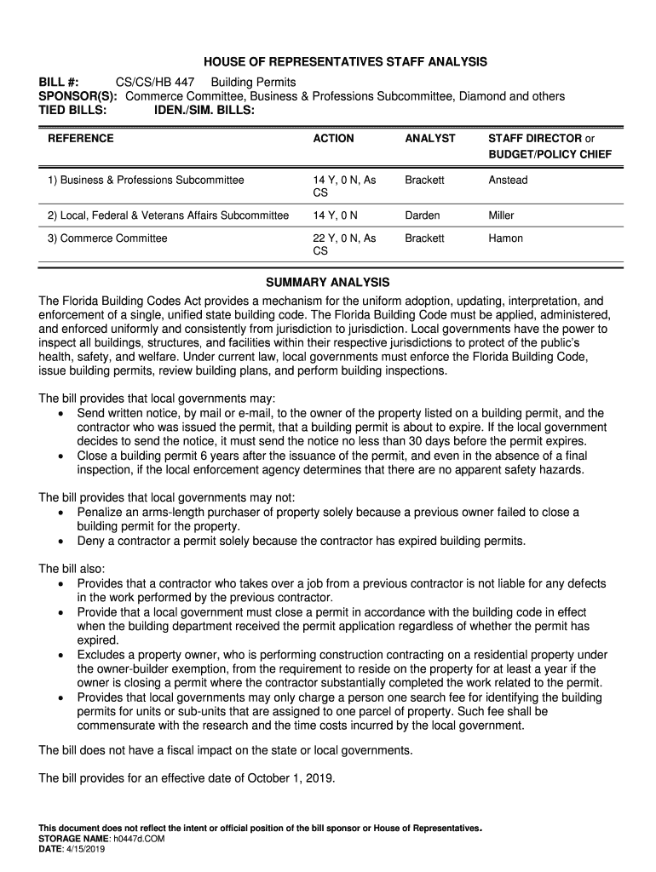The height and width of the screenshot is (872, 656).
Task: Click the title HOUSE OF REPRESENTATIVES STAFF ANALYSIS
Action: [x=345, y=62]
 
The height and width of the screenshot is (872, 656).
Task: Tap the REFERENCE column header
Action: [x=81, y=138]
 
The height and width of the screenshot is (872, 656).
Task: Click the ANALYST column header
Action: [x=430, y=138]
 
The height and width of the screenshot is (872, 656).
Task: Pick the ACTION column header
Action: [x=333, y=138]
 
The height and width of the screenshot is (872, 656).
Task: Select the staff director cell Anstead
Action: [x=508, y=181]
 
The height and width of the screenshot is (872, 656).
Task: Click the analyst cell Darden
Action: [x=423, y=215]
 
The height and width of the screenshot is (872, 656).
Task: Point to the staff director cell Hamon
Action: [x=505, y=238]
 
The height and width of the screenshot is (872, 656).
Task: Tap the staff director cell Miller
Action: [x=501, y=215]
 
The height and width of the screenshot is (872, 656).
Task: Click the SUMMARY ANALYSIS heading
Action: [x=327, y=282]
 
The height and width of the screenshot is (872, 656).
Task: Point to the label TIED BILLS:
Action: [x=72, y=110]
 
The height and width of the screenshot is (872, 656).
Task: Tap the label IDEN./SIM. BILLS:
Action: [x=204, y=110]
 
